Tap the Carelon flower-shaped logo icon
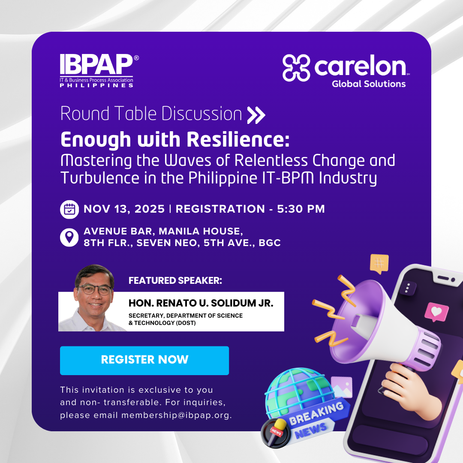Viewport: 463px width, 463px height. click(296, 68)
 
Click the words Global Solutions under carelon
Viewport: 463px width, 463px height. click(368, 84)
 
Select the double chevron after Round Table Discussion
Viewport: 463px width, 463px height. click(256, 115)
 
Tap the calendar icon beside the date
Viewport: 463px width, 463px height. click(69, 209)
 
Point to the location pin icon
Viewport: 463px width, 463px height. click(69, 237)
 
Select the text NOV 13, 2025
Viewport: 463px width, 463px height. click(124, 209)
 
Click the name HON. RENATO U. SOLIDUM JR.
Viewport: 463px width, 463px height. click(201, 304)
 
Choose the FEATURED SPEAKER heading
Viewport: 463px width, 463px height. click(175, 281)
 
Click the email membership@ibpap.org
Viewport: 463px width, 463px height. click(176, 415)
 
